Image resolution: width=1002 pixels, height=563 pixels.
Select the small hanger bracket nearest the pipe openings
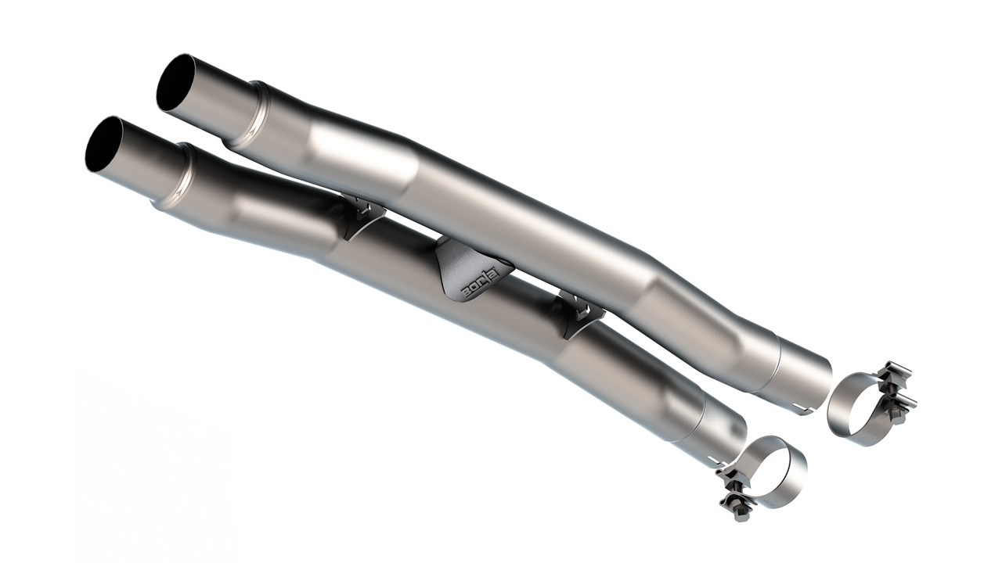tap(361, 218)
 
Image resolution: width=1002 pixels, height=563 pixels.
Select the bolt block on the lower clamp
tap(735, 489)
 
